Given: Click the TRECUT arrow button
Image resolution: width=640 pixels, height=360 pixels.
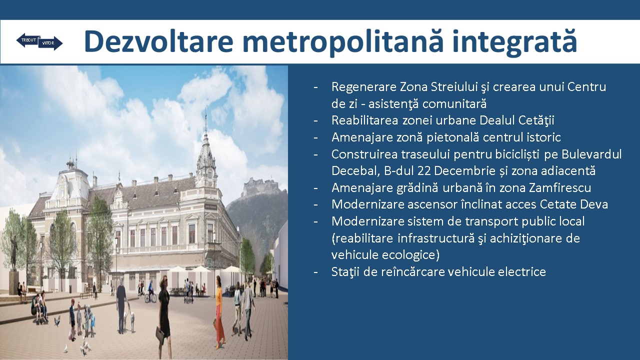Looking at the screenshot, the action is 28,40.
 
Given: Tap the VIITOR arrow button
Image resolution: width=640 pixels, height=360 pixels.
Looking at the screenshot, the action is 50,43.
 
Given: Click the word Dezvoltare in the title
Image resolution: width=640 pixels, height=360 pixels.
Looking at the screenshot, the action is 158,41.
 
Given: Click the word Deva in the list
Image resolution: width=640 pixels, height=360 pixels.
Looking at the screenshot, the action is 594,204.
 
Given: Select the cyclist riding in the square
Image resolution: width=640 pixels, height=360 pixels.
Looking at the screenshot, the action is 150,291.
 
